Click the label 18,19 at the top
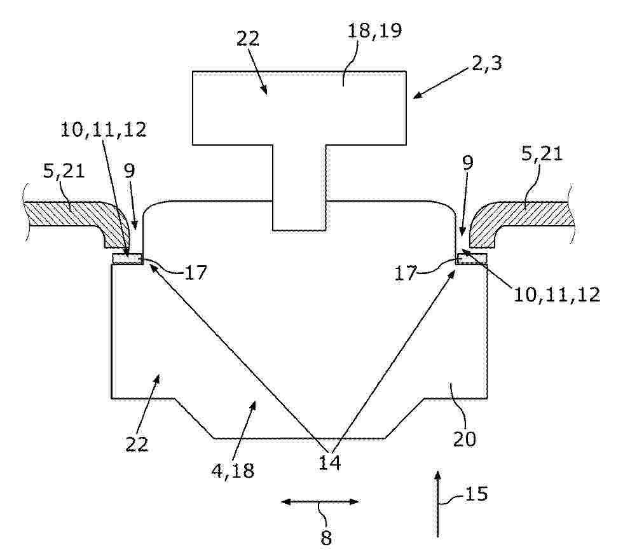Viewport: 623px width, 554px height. click(374, 31)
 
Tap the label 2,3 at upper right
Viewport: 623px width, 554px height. click(487, 64)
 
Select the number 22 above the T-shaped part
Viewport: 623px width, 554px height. click(248, 39)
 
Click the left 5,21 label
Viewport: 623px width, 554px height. click(64, 171)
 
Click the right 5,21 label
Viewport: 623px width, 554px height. click(542, 153)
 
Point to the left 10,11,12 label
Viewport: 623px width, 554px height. click(103, 130)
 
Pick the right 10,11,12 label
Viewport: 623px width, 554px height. click(557, 295)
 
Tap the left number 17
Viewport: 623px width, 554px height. click(196, 273)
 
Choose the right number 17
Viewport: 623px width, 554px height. click(406, 274)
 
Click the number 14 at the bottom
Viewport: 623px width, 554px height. click(329, 462)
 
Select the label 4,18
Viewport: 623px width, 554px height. click(233, 471)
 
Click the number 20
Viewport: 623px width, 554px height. click(465, 439)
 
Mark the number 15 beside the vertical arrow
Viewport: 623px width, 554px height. click(476, 494)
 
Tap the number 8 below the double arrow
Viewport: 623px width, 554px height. click(325, 538)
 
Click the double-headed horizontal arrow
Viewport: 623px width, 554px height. click(320, 502)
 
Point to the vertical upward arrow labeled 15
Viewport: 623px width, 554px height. click(438, 504)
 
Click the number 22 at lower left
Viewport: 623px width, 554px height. click(137, 445)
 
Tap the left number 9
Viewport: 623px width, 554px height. click(130, 171)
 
